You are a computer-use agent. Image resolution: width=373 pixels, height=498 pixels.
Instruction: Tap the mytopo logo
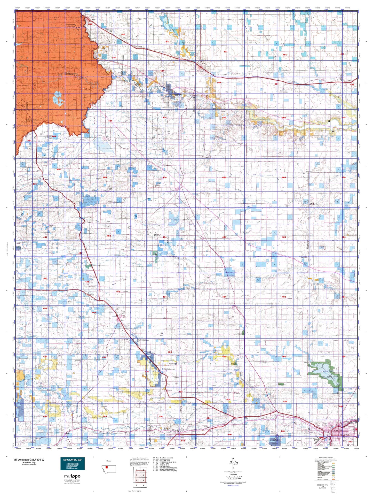72,476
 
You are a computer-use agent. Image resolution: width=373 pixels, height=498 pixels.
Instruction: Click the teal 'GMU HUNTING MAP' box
73,464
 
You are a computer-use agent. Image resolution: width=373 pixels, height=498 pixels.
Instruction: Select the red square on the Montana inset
106,467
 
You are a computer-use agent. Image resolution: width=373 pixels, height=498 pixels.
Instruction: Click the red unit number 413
350,442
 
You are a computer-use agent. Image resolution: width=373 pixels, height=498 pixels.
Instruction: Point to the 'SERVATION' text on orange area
23,110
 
